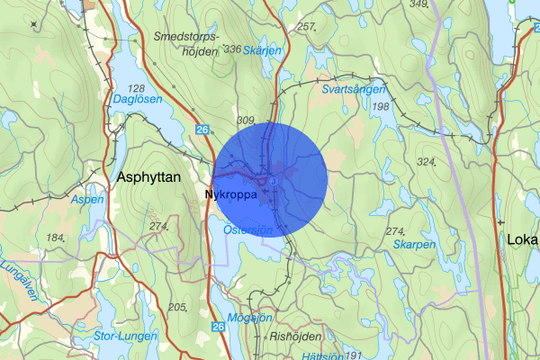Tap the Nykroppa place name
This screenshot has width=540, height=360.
click(232, 193)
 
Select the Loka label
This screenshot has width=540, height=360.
click(522, 239)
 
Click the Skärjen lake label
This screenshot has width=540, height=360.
click(262, 51)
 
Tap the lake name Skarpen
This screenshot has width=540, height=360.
click(413, 244)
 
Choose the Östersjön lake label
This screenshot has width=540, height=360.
click(247, 230)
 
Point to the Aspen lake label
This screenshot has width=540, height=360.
click(87, 200)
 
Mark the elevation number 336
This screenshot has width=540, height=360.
click(232, 49)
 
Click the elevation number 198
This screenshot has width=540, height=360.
click(380, 107)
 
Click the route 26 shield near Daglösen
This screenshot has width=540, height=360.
click(202, 131)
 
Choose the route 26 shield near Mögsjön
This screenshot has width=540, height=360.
click(218, 328)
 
